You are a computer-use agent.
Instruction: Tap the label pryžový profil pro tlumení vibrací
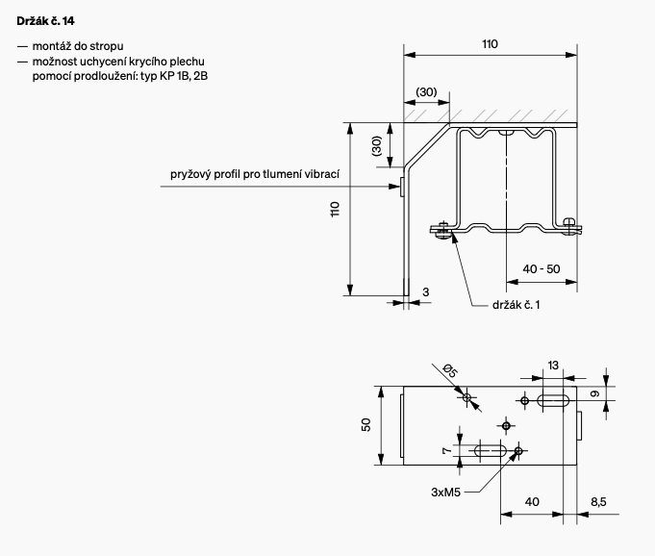[255, 176]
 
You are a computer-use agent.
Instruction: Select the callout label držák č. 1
[516, 305]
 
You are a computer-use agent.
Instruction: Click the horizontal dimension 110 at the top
[490, 43]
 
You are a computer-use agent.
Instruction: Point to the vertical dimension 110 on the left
[336, 209]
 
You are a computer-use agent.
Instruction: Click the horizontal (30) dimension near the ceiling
[426, 91]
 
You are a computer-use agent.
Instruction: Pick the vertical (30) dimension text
[376, 146]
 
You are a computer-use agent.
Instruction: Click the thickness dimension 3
[426, 291]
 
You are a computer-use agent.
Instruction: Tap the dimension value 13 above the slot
[553, 365]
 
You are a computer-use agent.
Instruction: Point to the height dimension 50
[366, 425]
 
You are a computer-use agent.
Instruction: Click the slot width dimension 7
[446, 450]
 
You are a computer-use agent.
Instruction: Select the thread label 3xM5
[447, 491]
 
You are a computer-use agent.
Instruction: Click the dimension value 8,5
[597, 501]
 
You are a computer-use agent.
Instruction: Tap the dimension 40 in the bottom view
[532, 501]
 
